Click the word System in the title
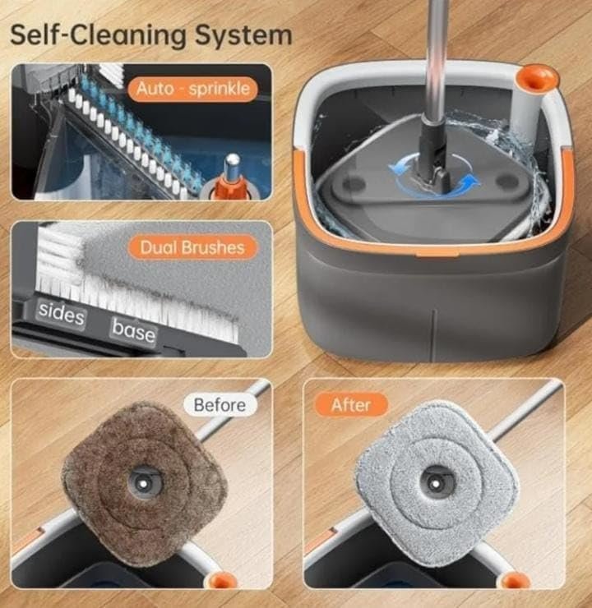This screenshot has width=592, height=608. point(243,35)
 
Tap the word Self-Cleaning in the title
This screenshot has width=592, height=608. point(99,35)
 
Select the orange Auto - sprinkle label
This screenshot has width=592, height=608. point(192,90)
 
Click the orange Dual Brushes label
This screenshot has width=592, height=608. point(192,247)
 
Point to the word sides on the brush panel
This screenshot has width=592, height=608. point(62,313)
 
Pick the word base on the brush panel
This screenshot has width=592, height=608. point(134,331)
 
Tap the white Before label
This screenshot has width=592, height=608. point(220,405)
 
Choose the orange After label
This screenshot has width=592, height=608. point(351,405)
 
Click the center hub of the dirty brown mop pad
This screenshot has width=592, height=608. point(144,484)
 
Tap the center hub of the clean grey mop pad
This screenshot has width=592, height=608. point(436,484)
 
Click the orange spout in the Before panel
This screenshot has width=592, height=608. point(221,580)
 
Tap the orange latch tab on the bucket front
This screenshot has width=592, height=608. point(436,254)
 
